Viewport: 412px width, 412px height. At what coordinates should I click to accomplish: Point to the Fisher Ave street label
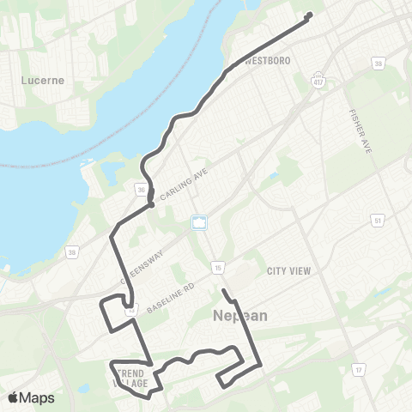click(357, 126)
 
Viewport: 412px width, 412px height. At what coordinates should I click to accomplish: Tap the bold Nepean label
click(239, 316)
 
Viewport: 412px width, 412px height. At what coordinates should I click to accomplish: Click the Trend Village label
click(130, 378)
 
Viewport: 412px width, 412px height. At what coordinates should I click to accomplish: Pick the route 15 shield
click(219, 268)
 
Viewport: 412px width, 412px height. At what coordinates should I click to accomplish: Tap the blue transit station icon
click(199, 222)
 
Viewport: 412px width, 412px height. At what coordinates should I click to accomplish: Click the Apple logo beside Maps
click(13, 397)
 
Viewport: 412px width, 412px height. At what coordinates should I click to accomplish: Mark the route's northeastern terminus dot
click(310, 15)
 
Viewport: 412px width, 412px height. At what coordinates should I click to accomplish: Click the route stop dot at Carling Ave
click(151, 204)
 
